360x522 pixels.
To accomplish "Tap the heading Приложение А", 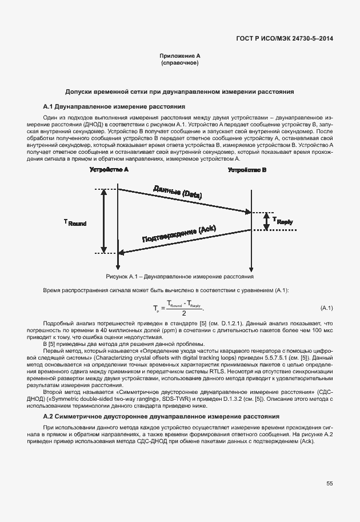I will click(x=179, y=56).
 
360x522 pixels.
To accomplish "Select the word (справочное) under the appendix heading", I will click(x=179, y=63).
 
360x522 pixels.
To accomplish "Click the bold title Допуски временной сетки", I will click(x=179, y=91).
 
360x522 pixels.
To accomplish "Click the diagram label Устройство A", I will click(x=109, y=170).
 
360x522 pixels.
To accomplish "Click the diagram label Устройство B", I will click(x=247, y=170).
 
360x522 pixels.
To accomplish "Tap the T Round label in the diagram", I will click(x=75, y=222).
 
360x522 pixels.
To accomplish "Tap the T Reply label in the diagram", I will click(x=282, y=220).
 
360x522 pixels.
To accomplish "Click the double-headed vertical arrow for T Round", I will click(x=103, y=221).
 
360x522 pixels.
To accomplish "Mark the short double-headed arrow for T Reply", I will click(x=266, y=221).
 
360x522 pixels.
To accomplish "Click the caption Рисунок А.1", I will click(x=179, y=276).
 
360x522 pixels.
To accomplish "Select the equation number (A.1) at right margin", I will click(x=327, y=309).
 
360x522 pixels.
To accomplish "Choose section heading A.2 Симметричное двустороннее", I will click(x=161, y=416).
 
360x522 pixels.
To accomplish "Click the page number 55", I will click(x=330, y=484).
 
